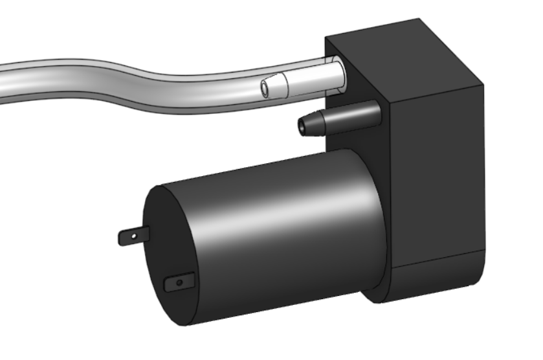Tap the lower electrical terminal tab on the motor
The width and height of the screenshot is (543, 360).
[179, 282]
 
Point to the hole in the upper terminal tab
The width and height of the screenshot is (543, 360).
[133, 237]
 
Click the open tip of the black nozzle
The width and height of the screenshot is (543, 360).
[302, 126]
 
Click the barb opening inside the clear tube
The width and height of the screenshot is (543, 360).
[265, 88]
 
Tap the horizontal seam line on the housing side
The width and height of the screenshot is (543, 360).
[440, 258]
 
